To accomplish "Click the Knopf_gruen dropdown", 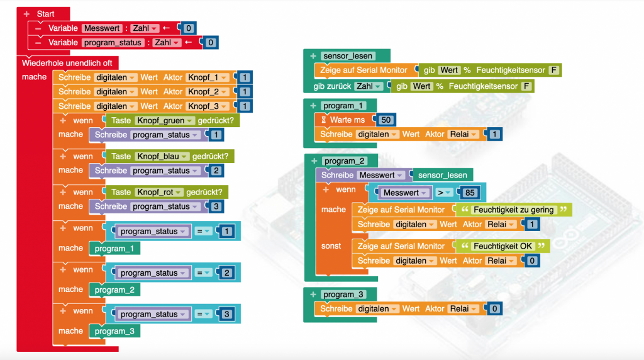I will click(x=160, y=120).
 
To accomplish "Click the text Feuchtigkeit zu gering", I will click(x=514, y=210).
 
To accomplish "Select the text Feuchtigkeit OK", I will click(x=503, y=246).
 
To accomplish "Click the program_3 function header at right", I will click(x=343, y=295).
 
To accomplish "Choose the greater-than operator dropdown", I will click(x=445, y=193).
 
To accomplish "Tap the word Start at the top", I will click(x=46, y=14).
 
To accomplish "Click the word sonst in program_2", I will click(x=331, y=246).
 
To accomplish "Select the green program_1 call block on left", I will click(x=114, y=249).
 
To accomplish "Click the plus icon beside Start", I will click(x=26, y=14).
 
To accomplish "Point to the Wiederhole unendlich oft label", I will click(x=67, y=63).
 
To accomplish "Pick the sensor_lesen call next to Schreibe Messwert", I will click(x=443, y=175).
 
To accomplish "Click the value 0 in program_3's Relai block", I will click(x=494, y=309).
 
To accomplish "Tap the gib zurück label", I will click(x=331, y=86).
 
